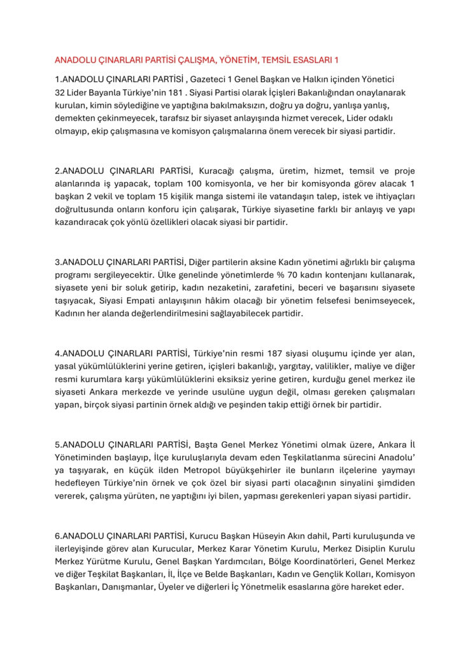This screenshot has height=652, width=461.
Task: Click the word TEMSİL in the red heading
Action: click(x=274, y=60)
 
